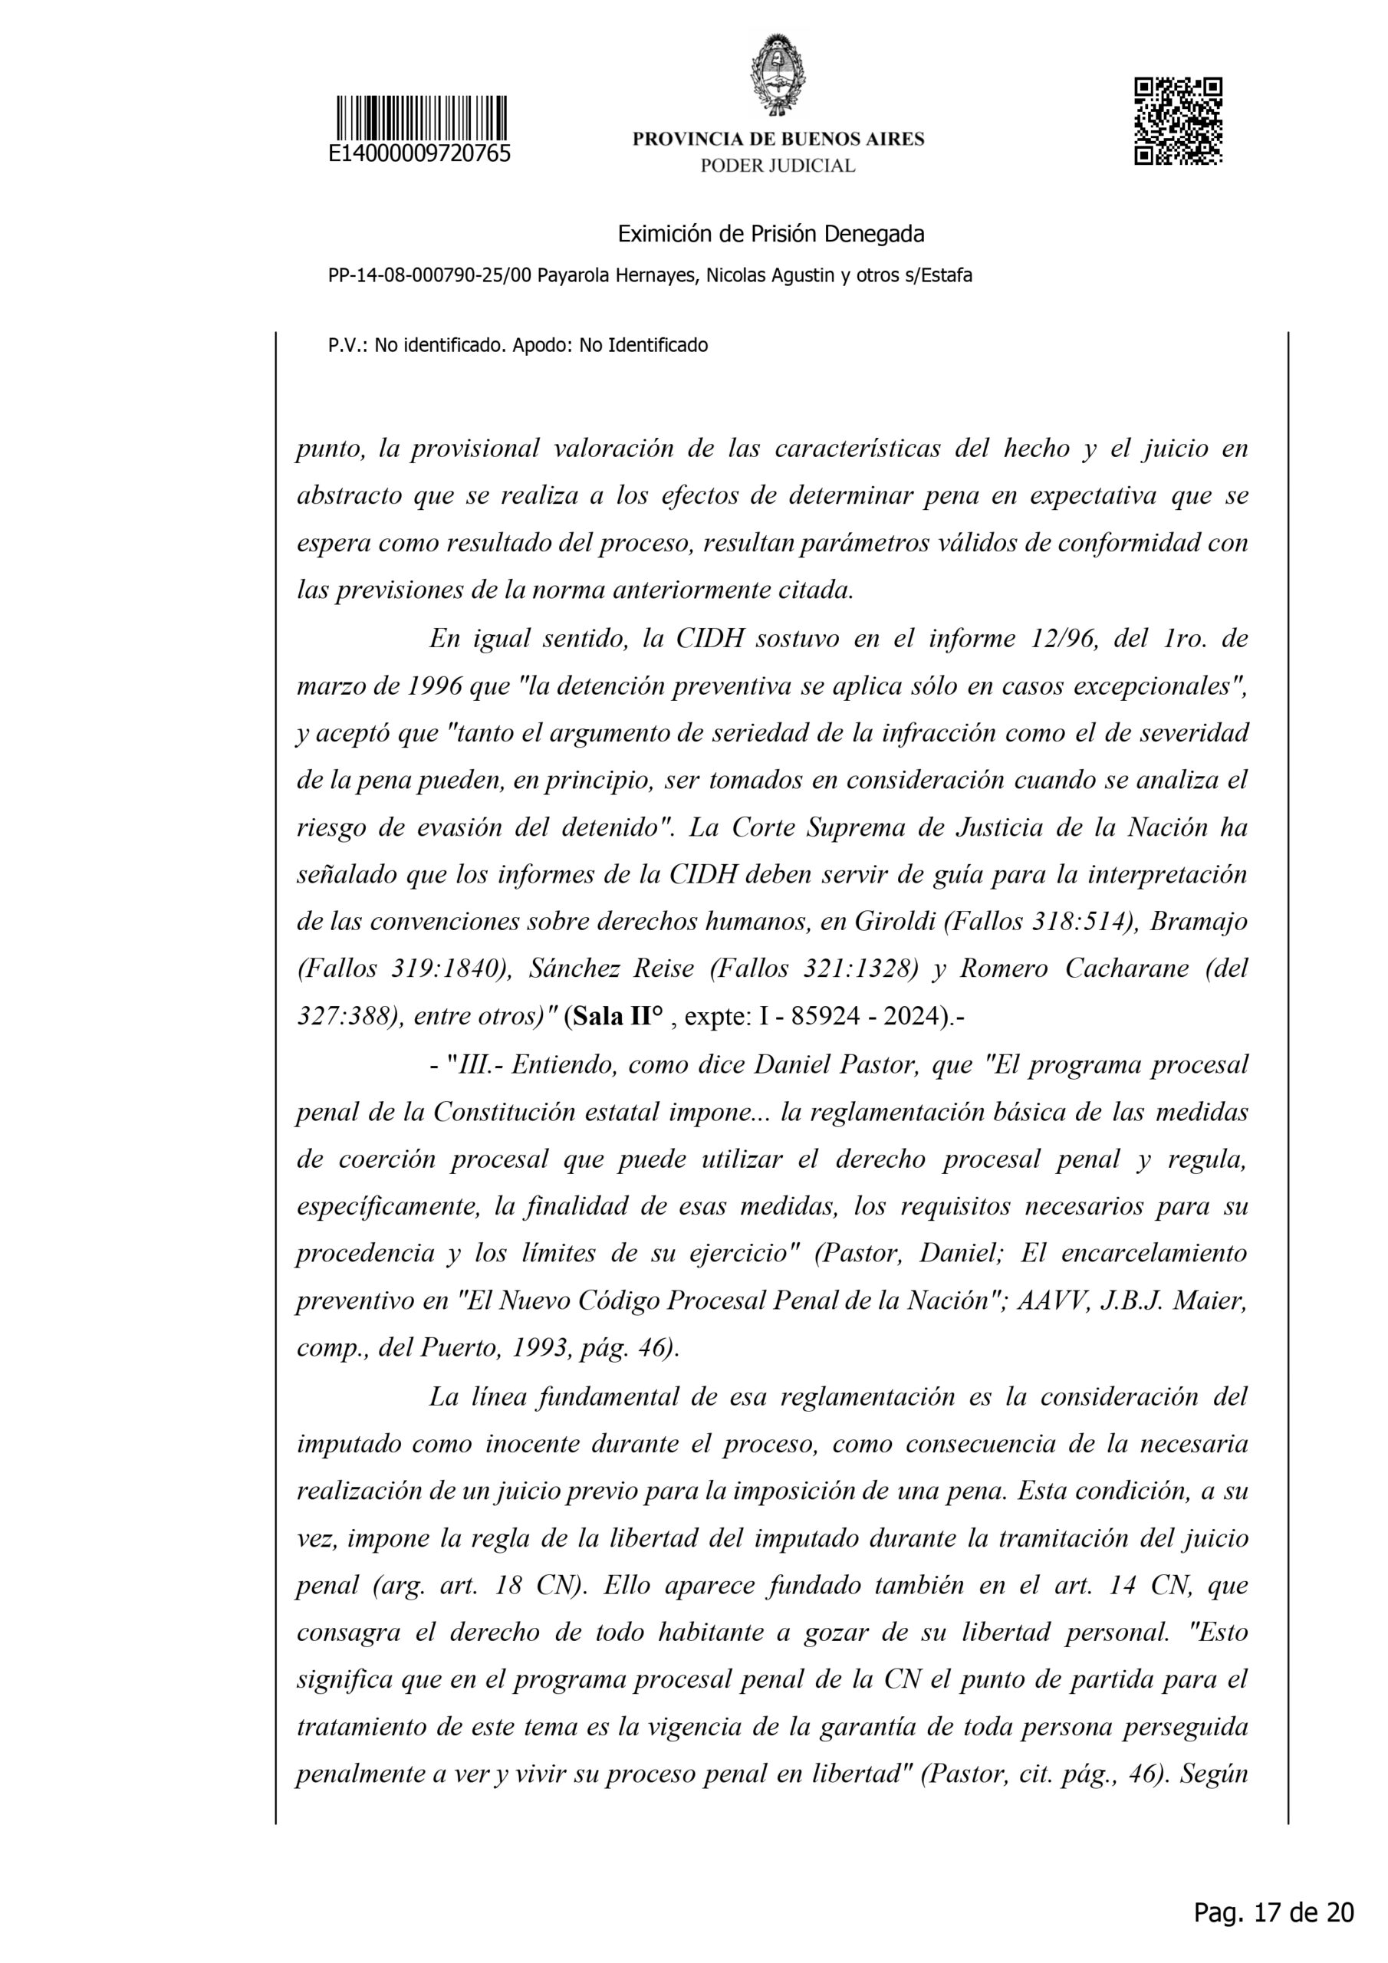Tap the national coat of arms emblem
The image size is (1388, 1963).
778,74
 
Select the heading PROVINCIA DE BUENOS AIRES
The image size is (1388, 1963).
778,140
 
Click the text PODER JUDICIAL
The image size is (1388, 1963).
778,166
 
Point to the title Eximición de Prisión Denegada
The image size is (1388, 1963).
771,233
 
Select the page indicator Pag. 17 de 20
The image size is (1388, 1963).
1274,1911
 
